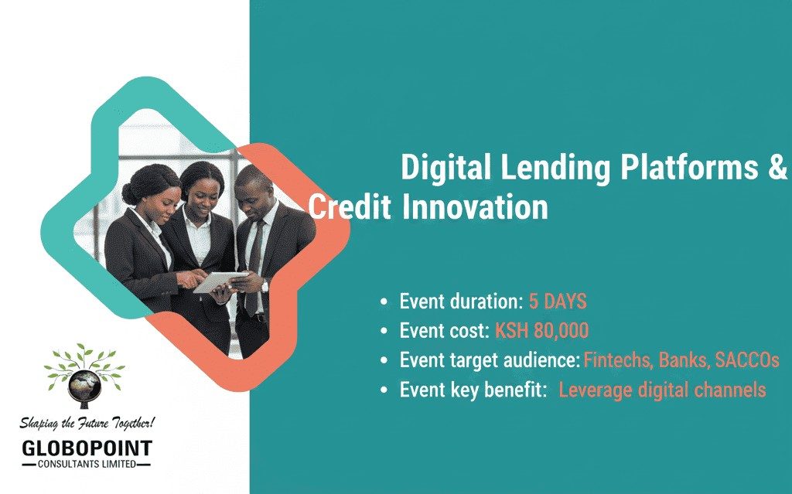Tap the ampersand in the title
click(x=777, y=167)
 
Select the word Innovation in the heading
click(x=476, y=207)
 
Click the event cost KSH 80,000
click(x=541, y=331)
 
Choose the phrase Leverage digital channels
click(x=662, y=390)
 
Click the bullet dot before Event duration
click(x=385, y=302)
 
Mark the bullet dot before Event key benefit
click(x=385, y=390)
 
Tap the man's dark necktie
click(x=254, y=255)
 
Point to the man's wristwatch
click(x=265, y=285)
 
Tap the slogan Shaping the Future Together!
click(x=87, y=423)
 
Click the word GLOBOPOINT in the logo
click(x=87, y=448)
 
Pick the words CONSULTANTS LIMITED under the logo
click(x=87, y=464)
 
